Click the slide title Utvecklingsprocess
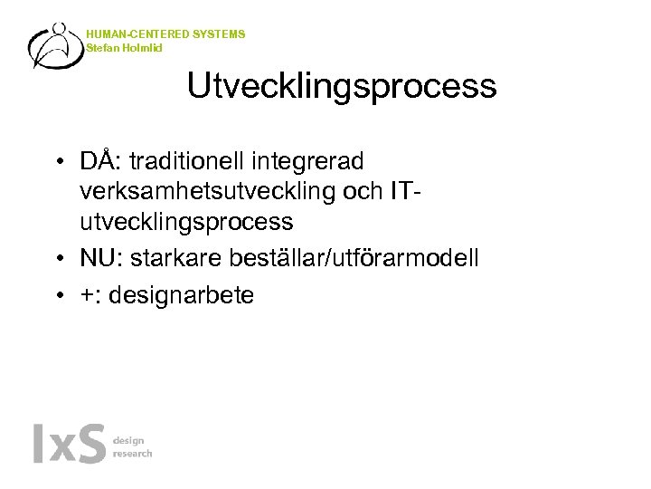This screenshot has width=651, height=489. pos(342,86)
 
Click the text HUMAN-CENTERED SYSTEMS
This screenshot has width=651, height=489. pos(165,34)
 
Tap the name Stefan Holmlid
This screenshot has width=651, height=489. pos(125,47)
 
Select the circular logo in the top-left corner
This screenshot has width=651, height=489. pos(57,46)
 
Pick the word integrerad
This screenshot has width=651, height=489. pos(307,161)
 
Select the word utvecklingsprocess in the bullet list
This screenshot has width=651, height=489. pos(186,221)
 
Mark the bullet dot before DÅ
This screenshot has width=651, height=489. pos(57,163)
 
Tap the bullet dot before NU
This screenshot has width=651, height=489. pos(57,260)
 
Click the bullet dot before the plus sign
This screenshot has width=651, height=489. pos(57,296)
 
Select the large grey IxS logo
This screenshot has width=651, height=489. pos(69,444)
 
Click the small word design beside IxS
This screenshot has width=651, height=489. pos(127,440)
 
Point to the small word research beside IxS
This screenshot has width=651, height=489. pos(133,453)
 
